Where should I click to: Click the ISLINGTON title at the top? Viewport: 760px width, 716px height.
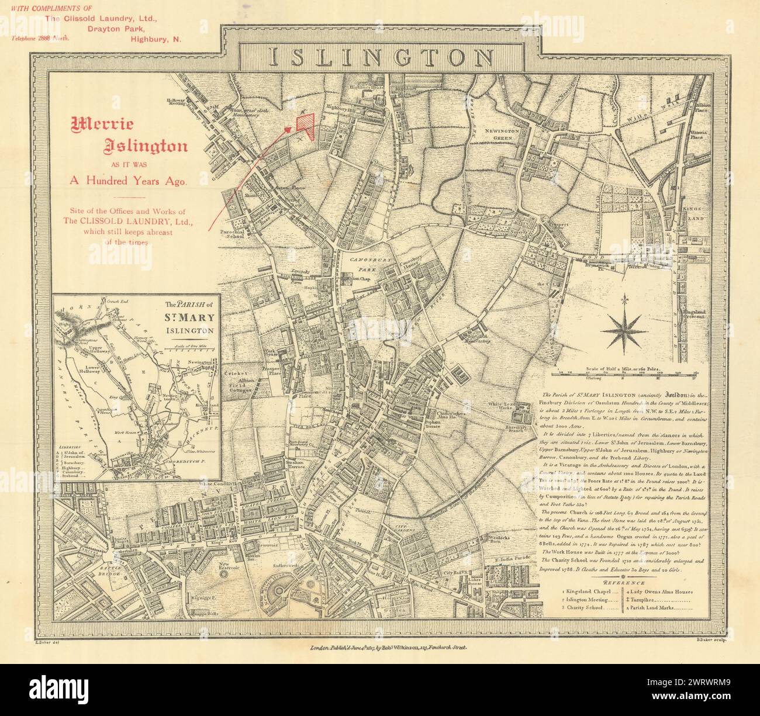(x=380, y=57)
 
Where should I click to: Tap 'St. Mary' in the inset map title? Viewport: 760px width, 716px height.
(x=186, y=319)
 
